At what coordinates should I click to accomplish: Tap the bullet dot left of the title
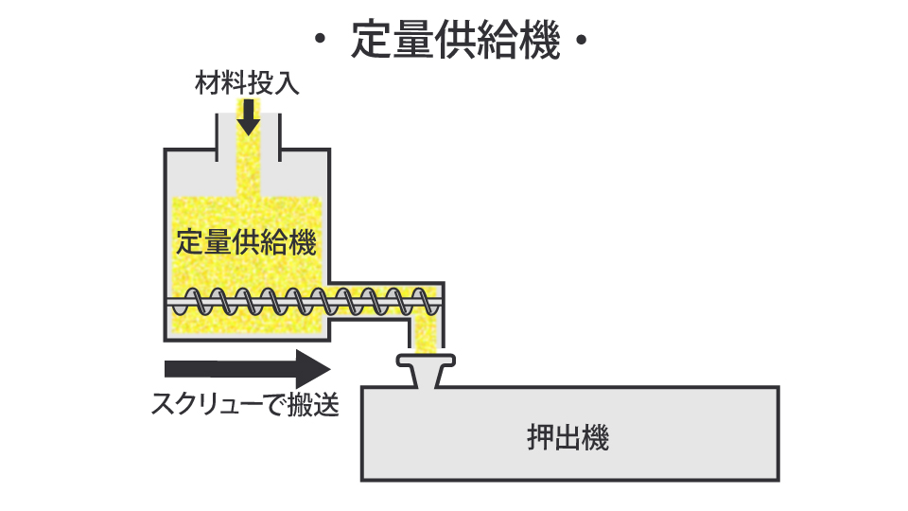point(321,42)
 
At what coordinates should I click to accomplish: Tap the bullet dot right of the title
point(582,42)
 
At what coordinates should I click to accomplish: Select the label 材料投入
point(248,83)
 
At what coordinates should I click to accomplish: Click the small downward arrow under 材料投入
point(248,116)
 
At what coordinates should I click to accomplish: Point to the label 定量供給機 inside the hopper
point(246,241)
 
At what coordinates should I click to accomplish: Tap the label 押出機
point(567,439)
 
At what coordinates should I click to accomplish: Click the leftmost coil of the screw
point(195,303)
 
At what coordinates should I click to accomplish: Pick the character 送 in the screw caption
point(326,404)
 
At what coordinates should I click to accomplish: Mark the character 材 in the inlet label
point(208,83)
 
